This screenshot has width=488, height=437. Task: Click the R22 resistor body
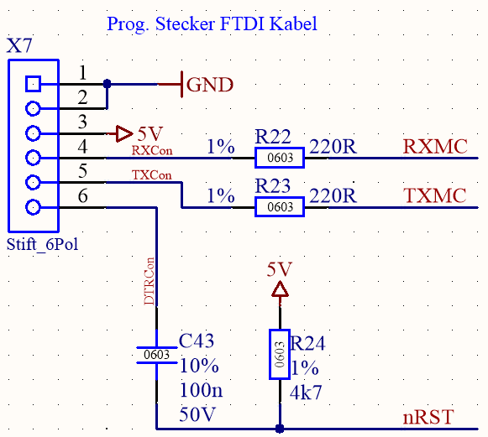(x=280, y=158)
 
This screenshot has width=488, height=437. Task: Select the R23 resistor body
(x=280, y=206)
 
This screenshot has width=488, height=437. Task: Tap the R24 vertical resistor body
(x=280, y=354)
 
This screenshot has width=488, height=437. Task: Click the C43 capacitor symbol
(x=156, y=355)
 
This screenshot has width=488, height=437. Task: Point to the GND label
(x=209, y=85)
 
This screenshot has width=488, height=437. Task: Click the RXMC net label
(x=435, y=147)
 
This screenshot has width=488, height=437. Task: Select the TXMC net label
(x=435, y=195)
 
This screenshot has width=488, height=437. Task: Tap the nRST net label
(x=428, y=417)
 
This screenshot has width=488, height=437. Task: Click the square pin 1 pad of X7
(x=33, y=84)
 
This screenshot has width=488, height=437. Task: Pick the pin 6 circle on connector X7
(x=33, y=207)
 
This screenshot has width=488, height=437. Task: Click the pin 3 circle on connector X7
(x=33, y=133)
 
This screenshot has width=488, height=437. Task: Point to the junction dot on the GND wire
(x=107, y=84)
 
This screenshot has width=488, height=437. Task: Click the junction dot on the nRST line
(x=280, y=429)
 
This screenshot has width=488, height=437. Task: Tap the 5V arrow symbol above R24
(x=280, y=289)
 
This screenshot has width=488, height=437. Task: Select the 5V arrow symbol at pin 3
(x=124, y=133)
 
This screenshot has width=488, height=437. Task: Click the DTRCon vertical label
(x=149, y=281)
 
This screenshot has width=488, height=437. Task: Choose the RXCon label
(x=152, y=150)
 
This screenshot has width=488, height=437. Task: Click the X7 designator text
(x=19, y=45)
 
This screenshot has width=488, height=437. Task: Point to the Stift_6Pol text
(x=42, y=245)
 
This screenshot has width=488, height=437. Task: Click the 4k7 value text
(x=306, y=393)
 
